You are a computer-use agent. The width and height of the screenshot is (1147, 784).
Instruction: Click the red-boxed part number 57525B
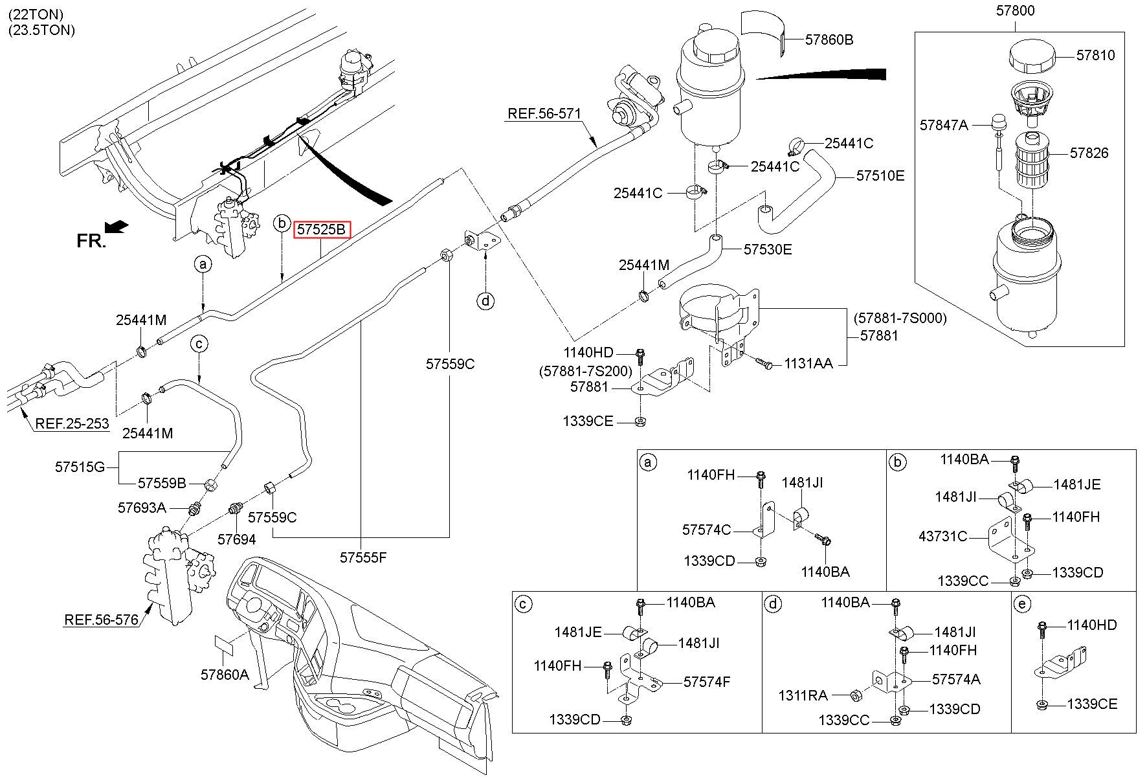pyautogui.click(x=322, y=230)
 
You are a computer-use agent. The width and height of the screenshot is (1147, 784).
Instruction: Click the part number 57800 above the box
pyautogui.click(x=1015, y=10)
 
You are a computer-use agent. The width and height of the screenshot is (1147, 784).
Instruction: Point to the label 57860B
pyautogui.click(x=829, y=39)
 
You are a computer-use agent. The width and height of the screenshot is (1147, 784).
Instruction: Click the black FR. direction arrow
pyautogui.click(x=116, y=227)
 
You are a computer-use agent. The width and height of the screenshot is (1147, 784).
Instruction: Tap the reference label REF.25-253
pyautogui.click(x=72, y=424)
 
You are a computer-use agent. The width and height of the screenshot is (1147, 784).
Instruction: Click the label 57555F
pyautogui.click(x=363, y=557)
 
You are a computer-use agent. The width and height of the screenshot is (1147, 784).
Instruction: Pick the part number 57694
pyautogui.click(x=236, y=539)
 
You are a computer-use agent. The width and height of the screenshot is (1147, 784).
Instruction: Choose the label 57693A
pyautogui.click(x=142, y=508)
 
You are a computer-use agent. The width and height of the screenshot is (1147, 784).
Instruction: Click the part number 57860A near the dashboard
pyautogui.click(x=225, y=675)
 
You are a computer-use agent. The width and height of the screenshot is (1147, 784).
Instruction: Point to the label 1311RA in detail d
pyautogui.click(x=803, y=695)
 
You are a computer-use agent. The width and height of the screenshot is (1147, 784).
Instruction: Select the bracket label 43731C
pyautogui.click(x=943, y=536)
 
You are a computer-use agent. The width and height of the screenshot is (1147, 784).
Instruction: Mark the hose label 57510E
pyautogui.click(x=880, y=175)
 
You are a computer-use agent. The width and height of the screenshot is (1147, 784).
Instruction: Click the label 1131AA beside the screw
pyautogui.click(x=808, y=364)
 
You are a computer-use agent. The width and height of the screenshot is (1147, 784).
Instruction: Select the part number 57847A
pyautogui.click(x=944, y=125)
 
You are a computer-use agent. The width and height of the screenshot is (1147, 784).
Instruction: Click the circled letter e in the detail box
pyautogui.click(x=1022, y=605)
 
